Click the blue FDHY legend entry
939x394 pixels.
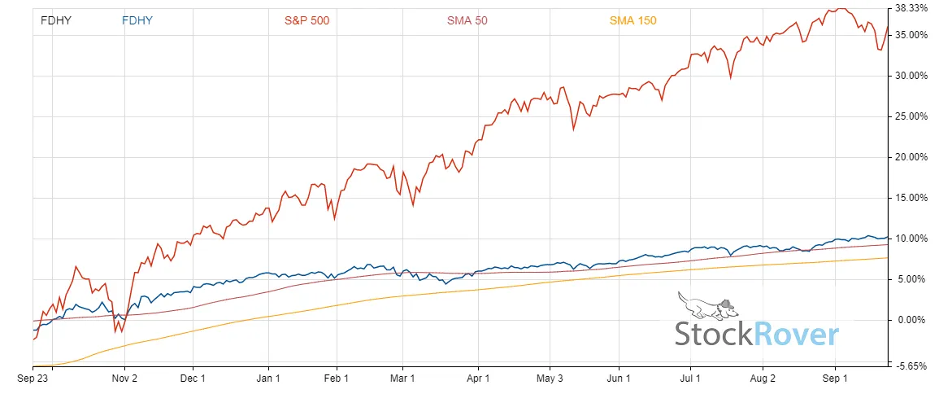click(137, 20)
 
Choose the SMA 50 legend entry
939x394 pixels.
click(467, 20)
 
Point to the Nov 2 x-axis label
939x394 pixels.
click(124, 379)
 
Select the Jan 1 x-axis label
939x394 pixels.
click(268, 379)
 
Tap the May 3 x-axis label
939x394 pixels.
click(550, 379)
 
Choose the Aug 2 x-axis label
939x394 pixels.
click(763, 379)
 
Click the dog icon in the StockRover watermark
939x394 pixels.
click(706, 306)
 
